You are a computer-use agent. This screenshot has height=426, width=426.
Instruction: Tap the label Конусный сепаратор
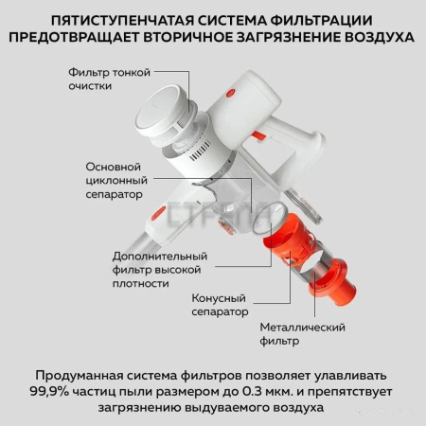click(x=220, y=304)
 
